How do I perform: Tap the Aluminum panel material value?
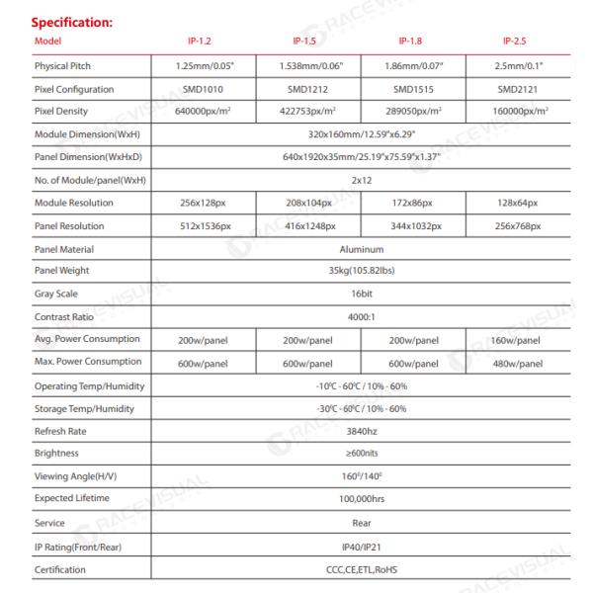pyautogui.click(x=361, y=250)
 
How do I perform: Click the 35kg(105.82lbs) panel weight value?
pyautogui.click(x=361, y=272)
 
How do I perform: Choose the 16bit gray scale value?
pyautogui.click(x=361, y=295)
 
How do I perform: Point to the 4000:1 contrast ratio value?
pyautogui.click(x=361, y=317)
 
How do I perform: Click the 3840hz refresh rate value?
pyautogui.click(x=361, y=432)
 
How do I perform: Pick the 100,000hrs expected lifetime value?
pyautogui.click(x=361, y=499)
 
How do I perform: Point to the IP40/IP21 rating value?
pyautogui.click(x=361, y=546)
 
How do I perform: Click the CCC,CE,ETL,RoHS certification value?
pyautogui.click(x=361, y=569)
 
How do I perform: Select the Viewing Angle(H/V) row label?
pyautogui.click(x=74, y=477)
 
